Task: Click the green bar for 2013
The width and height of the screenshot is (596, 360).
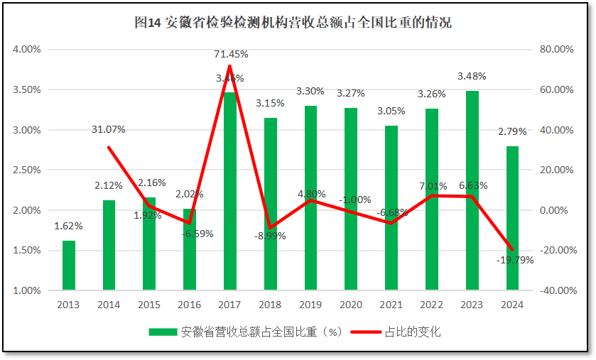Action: click(68, 265)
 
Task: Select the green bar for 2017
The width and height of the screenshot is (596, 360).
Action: click(229, 192)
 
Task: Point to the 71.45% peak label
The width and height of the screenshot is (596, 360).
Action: click(231, 54)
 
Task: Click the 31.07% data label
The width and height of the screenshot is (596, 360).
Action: click(109, 129)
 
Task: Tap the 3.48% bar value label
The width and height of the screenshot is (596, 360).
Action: click(472, 76)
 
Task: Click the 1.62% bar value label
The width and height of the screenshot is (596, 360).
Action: click(68, 226)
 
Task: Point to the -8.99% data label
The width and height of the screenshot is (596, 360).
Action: click(270, 236)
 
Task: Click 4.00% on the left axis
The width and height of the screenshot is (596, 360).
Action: click(27, 50)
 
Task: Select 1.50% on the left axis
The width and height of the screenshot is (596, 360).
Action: click(27, 251)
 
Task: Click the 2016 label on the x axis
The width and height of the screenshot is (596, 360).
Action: click(189, 305)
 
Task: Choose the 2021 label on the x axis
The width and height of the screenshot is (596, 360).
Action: click(391, 305)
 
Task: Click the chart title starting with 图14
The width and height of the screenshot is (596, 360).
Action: click(293, 23)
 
